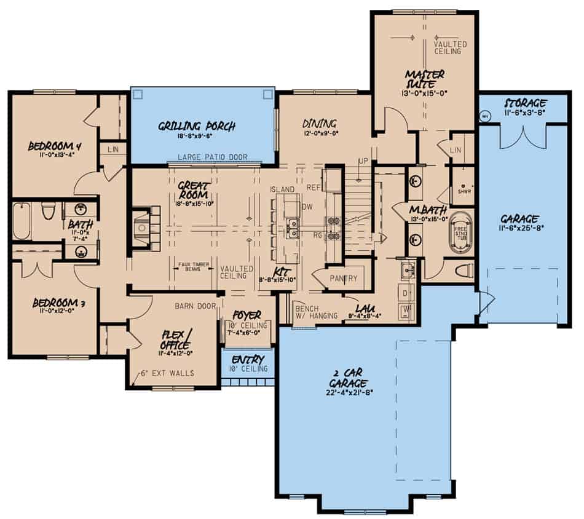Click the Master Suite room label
click(x=424, y=79)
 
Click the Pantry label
click(x=343, y=278)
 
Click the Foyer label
click(x=247, y=314)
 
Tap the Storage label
click(x=526, y=102)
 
